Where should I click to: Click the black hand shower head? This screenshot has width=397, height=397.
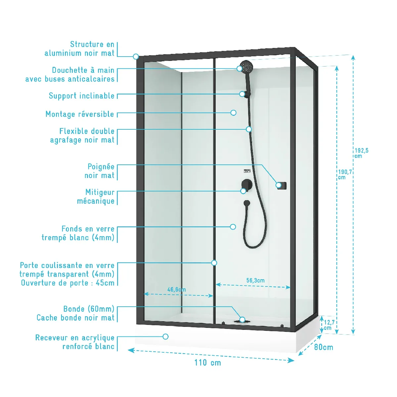coord(246,67)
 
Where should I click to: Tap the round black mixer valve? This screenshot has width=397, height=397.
coord(247,184)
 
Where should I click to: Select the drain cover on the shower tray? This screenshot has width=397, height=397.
coord(242,321)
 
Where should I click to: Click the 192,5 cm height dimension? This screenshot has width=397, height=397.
coord(361,153)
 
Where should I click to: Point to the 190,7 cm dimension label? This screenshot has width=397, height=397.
coord(345,174)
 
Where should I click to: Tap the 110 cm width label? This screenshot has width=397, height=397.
coord(207,363)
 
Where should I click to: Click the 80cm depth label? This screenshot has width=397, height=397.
coord(324,347)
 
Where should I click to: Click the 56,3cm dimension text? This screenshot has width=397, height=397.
coord(255,281)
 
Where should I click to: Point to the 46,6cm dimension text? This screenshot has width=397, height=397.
coord(176,289)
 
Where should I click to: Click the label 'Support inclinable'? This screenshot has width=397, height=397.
coord(81,96)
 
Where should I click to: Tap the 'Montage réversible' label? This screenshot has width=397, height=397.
coord(80,114)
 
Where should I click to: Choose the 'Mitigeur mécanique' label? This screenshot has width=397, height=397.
coord(96,197)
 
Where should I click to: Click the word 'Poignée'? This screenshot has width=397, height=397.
coord(101,167)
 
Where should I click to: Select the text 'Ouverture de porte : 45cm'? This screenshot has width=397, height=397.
coord(67,283)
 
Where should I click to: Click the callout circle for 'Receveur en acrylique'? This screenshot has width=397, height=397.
coord(165,336)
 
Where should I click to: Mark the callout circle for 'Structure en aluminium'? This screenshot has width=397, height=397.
coord(136,57)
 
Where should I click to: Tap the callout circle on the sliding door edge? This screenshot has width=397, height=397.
coord(214,263)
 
